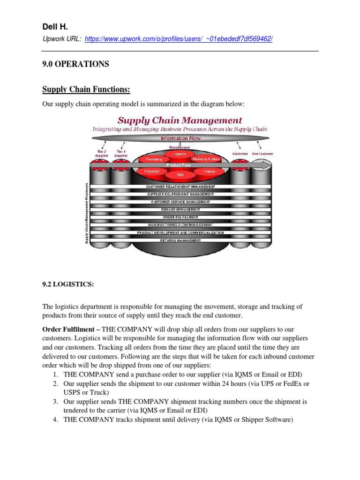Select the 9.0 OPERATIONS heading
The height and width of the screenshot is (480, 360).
pos(75,64)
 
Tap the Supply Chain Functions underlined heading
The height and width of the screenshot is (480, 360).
pos(86,89)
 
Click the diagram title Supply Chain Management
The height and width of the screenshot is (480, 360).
pos(180,120)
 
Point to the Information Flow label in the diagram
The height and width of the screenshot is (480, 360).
pos(180,139)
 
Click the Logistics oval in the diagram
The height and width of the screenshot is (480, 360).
pos(180,154)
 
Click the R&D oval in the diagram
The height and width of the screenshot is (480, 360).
pos(180,174)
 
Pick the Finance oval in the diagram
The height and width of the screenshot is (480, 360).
pos(209,172)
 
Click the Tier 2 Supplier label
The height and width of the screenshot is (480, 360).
pos(101,154)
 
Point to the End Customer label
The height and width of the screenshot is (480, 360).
pos(262,154)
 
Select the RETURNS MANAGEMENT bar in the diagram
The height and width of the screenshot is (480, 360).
pos(180,240)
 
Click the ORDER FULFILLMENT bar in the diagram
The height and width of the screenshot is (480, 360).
pos(180,217)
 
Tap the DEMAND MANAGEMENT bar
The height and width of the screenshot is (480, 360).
pos(180,210)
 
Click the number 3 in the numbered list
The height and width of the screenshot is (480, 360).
pos(55,402)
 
